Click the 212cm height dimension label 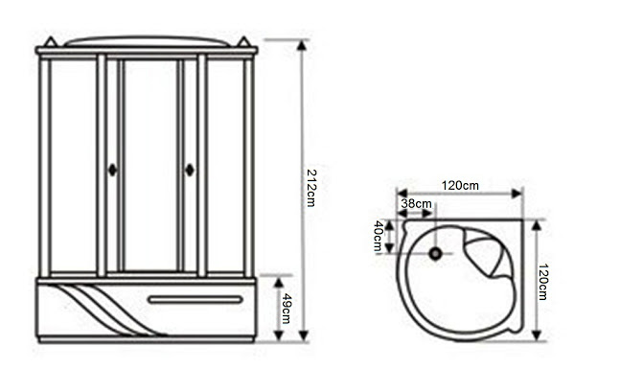(311, 188)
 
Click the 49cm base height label (287, 309)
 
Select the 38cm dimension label (416, 204)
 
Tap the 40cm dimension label (378, 236)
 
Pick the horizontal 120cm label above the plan (460, 185)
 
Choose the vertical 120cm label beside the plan (543, 282)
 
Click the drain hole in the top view (435, 254)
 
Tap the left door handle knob (113, 170)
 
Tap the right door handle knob (190, 170)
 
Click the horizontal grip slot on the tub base (195, 299)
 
